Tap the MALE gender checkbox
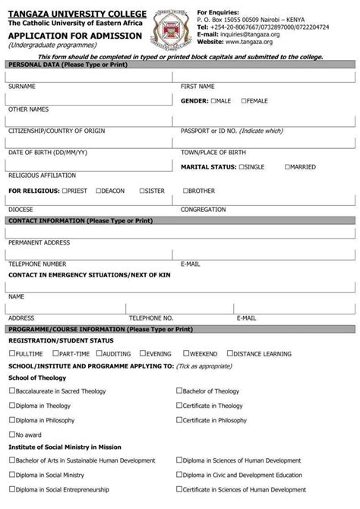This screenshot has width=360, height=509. pyautogui.click(x=213, y=100)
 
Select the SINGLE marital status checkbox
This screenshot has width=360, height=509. pyautogui.click(x=242, y=166)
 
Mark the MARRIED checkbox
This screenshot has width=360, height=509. pyautogui.click(x=287, y=166)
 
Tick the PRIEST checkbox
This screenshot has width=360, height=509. pyautogui.click(x=65, y=191)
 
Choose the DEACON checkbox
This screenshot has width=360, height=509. pyautogui.click(x=99, y=191)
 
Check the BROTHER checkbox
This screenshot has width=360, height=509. pyautogui.click(x=185, y=191)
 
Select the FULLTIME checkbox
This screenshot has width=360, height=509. pyautogui.click(x=11, y=353)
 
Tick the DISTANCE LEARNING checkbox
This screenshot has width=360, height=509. pyautogui.click(x=230, y=353)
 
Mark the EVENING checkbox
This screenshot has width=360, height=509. pyautogui.click(x=141, y=353)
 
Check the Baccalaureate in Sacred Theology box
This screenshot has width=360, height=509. pyautogui.click(x=11, y=390)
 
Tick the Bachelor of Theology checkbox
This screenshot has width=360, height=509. pyautogui.click(x=179, y=390)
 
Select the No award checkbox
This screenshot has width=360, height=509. pyautogui.click(x=11, y=434)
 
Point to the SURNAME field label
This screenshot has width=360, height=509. pyautogui.click(x=22, y=86)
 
